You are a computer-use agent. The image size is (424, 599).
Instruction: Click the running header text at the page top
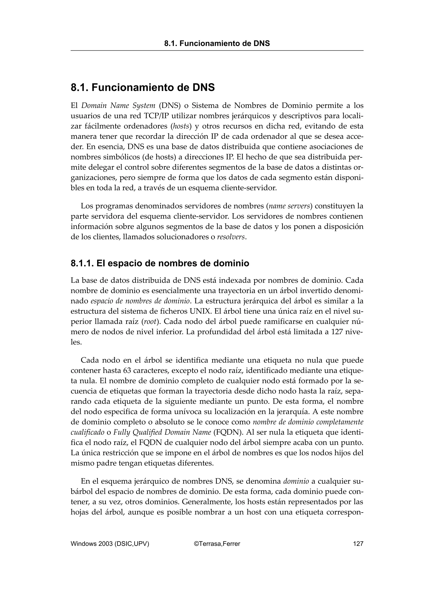click(x=217, y=43)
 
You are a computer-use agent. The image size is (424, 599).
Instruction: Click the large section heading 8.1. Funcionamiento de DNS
click(x=143, y=87)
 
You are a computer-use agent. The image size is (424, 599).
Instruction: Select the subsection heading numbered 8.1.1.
click(x=160, y=263)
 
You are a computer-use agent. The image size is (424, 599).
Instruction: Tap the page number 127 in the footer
click(x=358, y=544)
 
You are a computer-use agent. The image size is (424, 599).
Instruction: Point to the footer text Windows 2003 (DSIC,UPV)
click(x=110, y=544)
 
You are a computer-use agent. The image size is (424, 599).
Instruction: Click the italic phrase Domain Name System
click(x=118, y=106)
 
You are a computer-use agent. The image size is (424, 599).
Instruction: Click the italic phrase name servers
click(x=289, y=206)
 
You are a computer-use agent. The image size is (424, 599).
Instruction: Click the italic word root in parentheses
click(x=150, y=321)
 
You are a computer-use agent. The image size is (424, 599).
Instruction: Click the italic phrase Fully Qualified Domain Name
click(x=162, y=432)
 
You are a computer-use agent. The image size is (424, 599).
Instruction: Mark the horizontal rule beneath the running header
click(x=217, y=51)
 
